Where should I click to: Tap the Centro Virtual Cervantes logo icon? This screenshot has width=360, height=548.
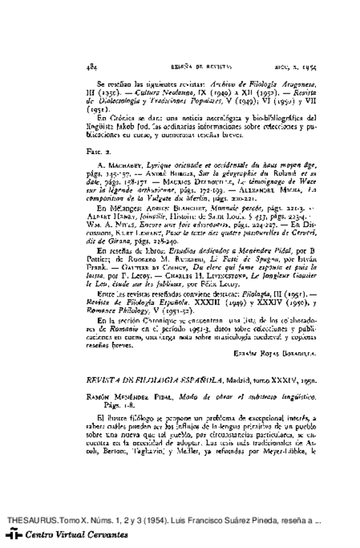click(12, 535)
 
